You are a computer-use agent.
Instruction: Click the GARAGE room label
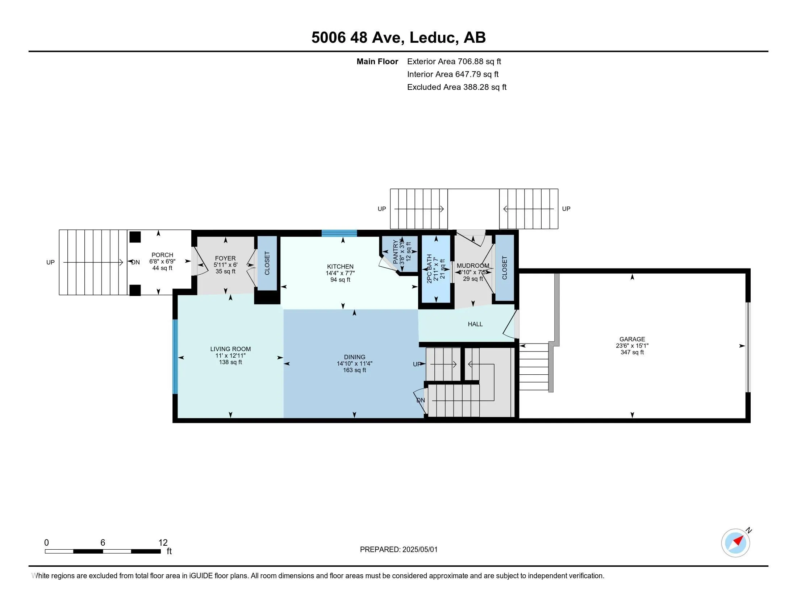point(632,339)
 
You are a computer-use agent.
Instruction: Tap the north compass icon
point(735,543)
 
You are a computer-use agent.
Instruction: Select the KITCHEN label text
point(340,267)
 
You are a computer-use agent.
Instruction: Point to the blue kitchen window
point(339,233)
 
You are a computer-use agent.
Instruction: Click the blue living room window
point(175,357)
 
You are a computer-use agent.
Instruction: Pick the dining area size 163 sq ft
point(354,370)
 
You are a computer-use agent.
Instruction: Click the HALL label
point(475,324)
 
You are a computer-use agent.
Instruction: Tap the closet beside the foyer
point(267,263)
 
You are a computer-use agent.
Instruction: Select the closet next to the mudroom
point(505,267)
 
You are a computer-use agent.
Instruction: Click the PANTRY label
point(396,252)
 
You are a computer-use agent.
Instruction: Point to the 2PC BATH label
point(430,269)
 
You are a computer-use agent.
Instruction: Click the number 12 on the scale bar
point(163,542)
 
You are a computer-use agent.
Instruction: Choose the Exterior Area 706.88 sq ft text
point(454,62)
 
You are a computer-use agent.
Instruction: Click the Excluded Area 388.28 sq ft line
point(456,87)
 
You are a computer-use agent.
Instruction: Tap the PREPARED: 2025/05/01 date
point(398,550)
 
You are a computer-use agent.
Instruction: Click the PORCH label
point(162,255)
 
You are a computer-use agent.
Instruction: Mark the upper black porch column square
point(135,237)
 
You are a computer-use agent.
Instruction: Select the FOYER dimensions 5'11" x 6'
point(226,265)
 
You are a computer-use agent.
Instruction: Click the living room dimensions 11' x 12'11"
point(230,355)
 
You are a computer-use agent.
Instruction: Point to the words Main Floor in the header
point(377,62)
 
